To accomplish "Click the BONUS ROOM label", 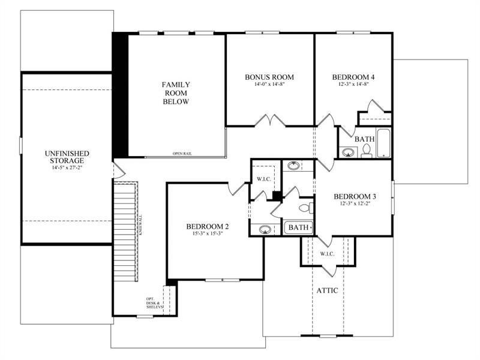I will [x=269, y=77].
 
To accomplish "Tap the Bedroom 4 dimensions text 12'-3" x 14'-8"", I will [x=353, y=85].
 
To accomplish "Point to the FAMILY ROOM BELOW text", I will [x=175, y=93].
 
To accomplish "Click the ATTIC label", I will [x=327, y=290].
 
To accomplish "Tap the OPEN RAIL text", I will [x=182, y=153].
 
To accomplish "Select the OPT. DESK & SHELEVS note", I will [x=154, y=304].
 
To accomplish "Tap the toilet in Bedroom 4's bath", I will [x=367, y=151].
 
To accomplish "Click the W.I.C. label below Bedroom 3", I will [x=327, y=254].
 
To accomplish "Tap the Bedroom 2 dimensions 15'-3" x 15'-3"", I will [x=207, y=235].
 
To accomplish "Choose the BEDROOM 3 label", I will [x=355, y=197].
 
